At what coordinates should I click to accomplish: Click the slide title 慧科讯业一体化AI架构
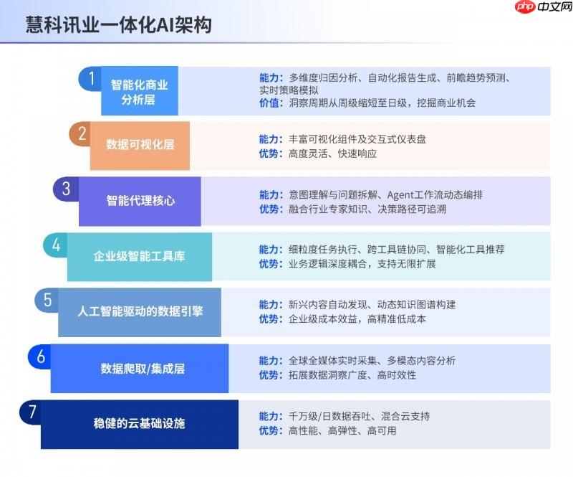pos(118,25)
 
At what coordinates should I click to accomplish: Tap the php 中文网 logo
pos(544,6)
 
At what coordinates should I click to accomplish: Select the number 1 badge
pos(90,78)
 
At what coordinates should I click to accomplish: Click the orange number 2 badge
pos(80,133)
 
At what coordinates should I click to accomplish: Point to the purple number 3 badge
pos(66,189)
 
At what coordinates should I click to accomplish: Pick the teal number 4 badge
pos(56,245)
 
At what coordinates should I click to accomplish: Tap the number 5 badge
pos(47,300)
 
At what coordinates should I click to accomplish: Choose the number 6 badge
pos(40,356)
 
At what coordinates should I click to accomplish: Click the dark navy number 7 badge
pos(32,412)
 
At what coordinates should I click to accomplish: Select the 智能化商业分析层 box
pos(140,91)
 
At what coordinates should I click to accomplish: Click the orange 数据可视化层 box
pos(140,146)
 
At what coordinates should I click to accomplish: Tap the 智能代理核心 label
pos(140,201)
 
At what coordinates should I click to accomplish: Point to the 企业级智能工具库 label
pos(139,256)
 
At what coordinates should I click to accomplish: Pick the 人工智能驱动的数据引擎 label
pos(140,311)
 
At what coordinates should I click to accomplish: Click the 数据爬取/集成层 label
pos(143,368)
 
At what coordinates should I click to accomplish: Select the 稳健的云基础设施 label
pos(139,423)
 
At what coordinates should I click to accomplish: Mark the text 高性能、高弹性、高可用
pos(342,430)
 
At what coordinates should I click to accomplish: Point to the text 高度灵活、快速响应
pos(332,154)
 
